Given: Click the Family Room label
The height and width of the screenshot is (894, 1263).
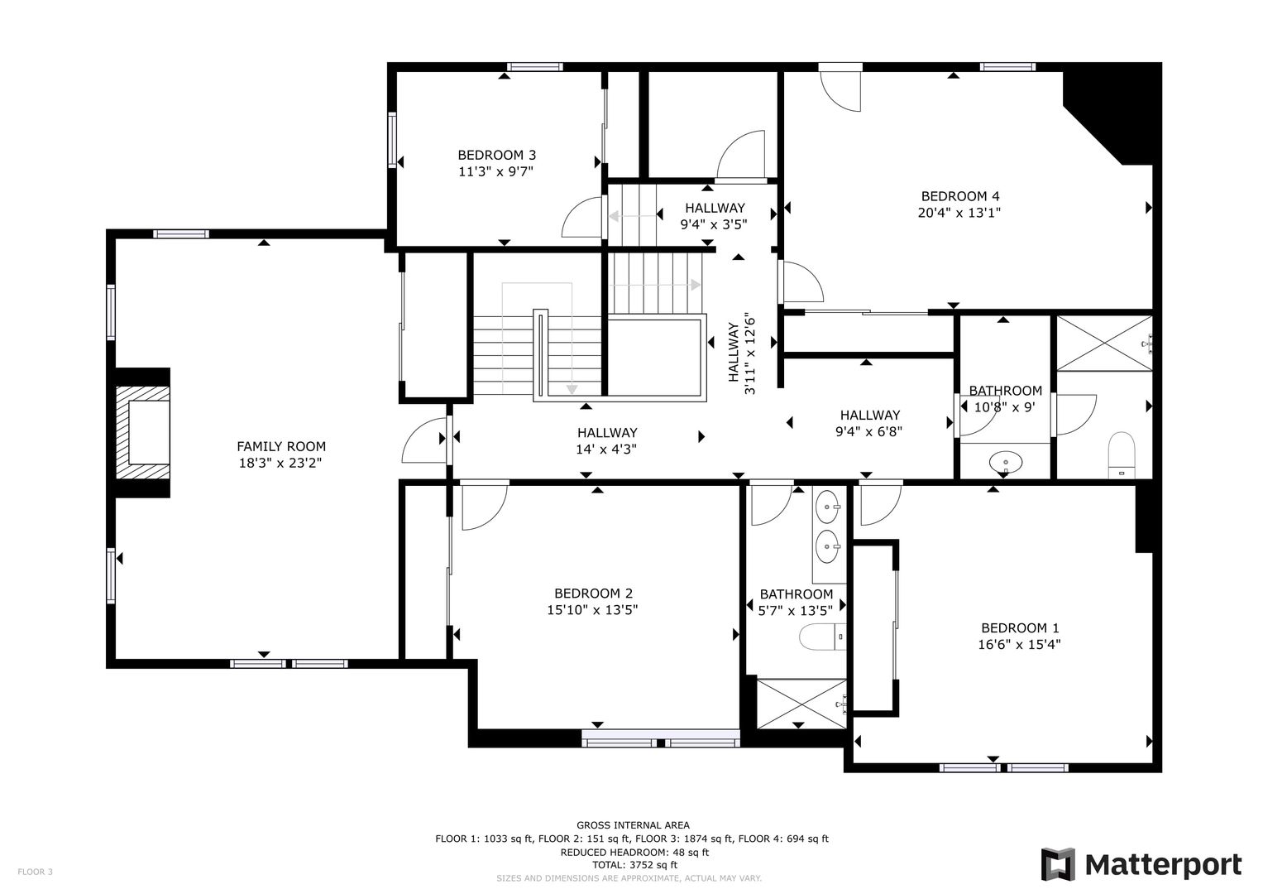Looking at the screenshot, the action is pyautogui.click(x=280, y=446).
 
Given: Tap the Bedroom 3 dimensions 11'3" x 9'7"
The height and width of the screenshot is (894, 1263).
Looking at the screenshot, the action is pyautogui.click(x=495, y=171).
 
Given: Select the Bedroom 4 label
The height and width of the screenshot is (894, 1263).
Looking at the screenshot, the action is pyautogui.click(x=959, y=196).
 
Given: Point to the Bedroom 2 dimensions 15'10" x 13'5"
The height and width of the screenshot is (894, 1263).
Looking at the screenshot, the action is pyautogui.click(x=592, y=610).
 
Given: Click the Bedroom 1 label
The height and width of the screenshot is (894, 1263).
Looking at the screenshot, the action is pyautogui.click(x=1020, y=628).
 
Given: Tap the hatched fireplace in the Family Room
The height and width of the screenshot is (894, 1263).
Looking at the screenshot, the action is pyautogui.click(x=142, y=433).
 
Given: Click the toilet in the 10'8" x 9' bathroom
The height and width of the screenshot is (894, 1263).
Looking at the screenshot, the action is pyautogui.click(x=1121, y=455).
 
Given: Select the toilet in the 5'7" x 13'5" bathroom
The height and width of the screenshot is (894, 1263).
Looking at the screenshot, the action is pyautogui.click(x=823, y=637).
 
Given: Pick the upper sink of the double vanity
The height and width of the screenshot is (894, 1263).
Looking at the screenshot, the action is pyautogui.click(x=828, y=507).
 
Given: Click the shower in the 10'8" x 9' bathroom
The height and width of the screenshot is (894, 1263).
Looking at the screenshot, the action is pyautogui.click(x=1104, y=344).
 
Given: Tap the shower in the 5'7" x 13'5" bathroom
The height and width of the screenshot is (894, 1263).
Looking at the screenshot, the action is pyautogui.click(x=801, y=704).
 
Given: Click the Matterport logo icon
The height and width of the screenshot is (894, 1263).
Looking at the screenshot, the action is pyautogui.click(x=1058, y=865).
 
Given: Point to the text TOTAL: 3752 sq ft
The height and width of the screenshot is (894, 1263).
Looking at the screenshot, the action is pyautogui.click(x=634, y=865).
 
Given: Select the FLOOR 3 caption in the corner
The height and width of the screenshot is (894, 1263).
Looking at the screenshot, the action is pyautogui.click(x=35, y=872).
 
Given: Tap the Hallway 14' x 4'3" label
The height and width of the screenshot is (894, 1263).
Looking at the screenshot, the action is pyautogui.click(x=607, y=440).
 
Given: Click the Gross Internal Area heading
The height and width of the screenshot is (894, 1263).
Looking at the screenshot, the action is pyautogui.click(x=633, y=825).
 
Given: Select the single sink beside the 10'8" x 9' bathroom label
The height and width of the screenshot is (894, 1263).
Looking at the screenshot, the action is pyautogui.click(x=1005, y=462).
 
